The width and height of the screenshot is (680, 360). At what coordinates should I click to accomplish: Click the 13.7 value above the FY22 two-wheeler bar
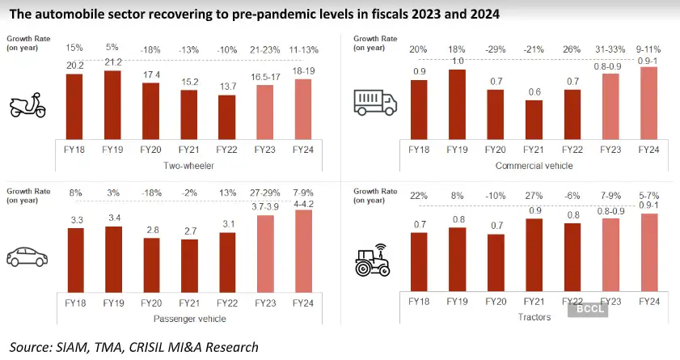pos(226,86)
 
